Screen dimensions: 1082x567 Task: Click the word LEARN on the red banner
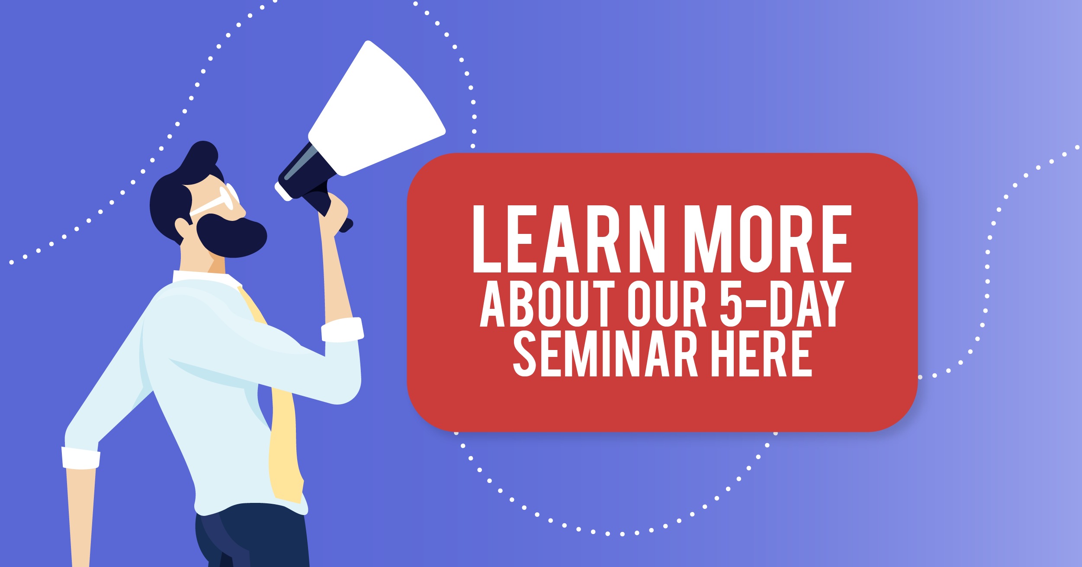(x=569, y=239)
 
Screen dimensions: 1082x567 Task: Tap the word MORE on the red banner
(x=768, y=239)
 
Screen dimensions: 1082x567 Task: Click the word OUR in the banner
(x=667, y=303)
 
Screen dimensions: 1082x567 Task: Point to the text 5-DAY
(x=782, y=303)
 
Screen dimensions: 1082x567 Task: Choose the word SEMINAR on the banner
(x=605, y=353)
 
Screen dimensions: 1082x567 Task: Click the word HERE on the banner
(x=762, y=353)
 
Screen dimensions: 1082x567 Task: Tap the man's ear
(x=182, y=227)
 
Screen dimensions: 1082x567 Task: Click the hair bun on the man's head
(x=203, y=154)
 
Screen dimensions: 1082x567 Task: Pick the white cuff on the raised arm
(x=343, y=330)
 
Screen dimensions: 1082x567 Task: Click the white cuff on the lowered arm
(x=81, y=458)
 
